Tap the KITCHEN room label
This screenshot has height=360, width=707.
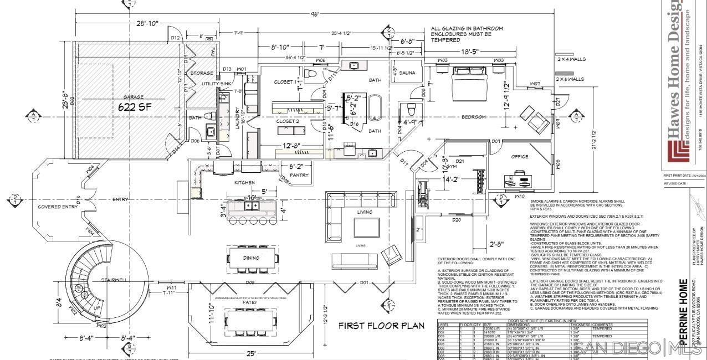244,182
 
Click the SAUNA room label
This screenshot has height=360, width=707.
407,73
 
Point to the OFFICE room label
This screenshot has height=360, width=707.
519,157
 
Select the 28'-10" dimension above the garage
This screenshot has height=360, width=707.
140,23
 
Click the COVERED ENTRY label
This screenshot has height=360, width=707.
58,207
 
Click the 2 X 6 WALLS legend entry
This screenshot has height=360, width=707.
571,79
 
